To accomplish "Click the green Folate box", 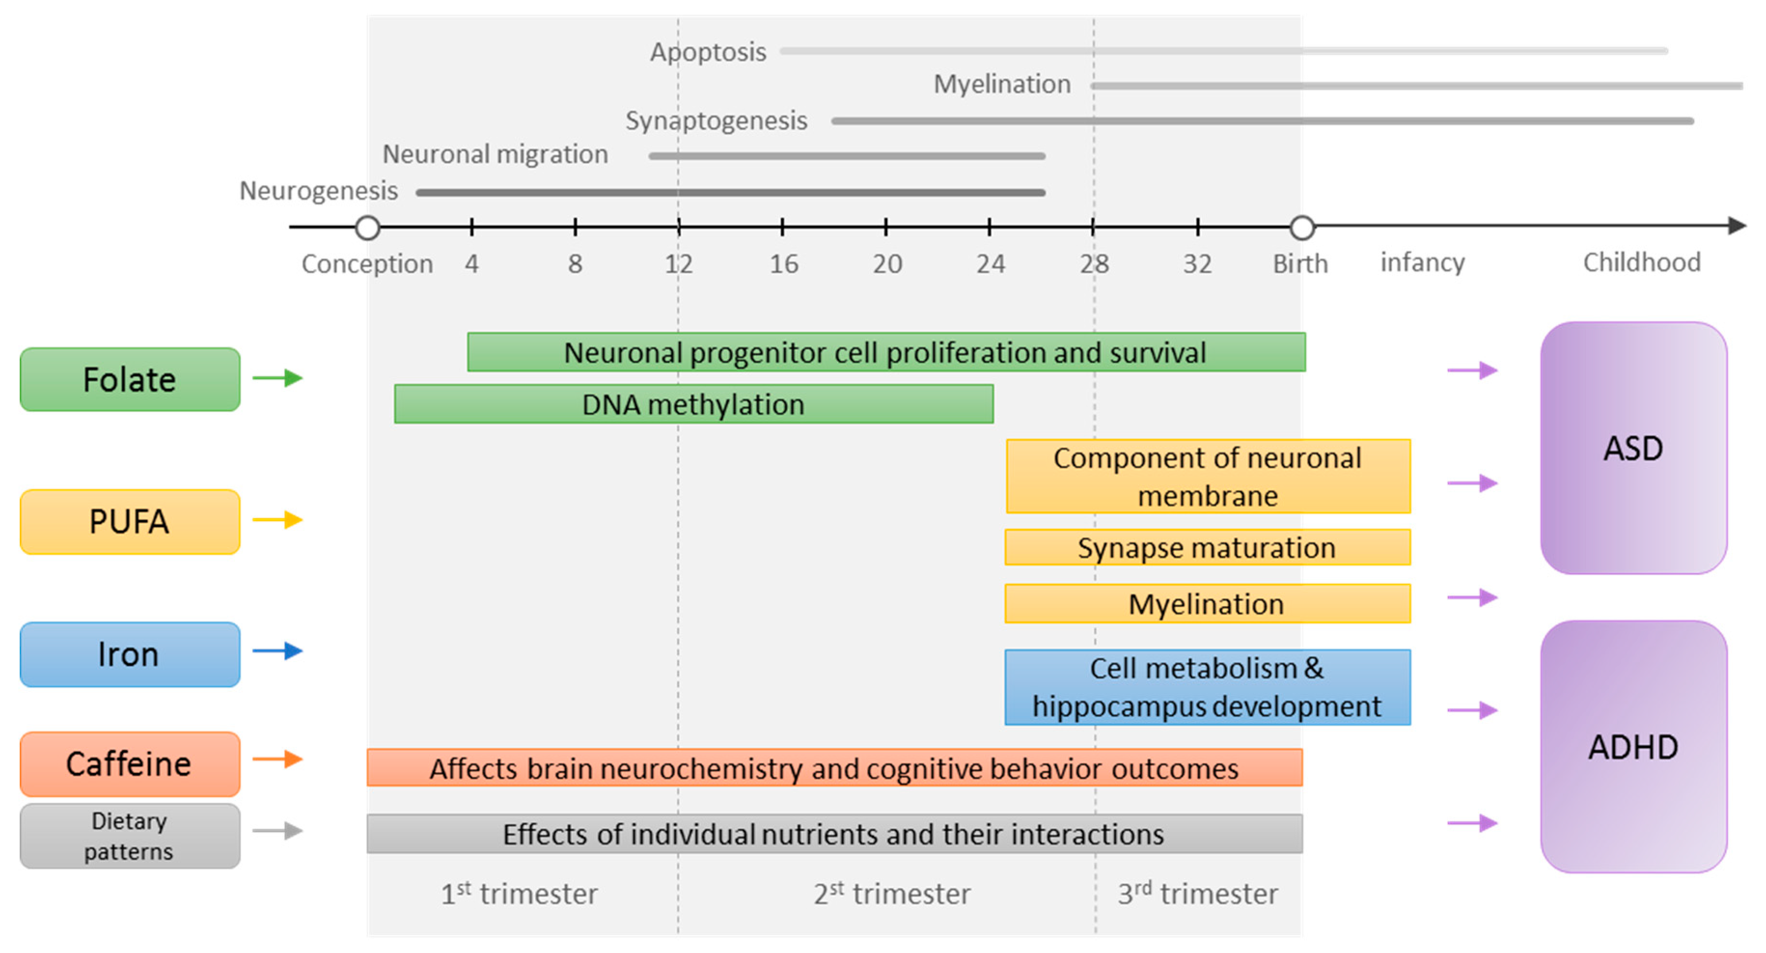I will [130, 379].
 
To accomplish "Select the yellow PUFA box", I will [130, 522].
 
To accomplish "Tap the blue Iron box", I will [130, 654].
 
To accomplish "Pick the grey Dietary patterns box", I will [130, 836].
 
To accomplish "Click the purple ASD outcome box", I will [1633, 448].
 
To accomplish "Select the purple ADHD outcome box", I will [1633, 746].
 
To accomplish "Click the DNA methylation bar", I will [693, 404].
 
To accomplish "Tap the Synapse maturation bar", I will [1207, 547].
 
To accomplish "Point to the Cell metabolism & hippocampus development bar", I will [1207, 687].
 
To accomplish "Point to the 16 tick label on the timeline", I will [783, 264].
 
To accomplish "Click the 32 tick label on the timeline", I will [1197, 264].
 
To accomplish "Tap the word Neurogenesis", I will [318, 191].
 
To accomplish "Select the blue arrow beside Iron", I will [277, 650].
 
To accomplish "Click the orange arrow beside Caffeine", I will [277, 759].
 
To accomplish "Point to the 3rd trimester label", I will [1197, 893].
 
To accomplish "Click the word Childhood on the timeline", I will [1641, 262].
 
